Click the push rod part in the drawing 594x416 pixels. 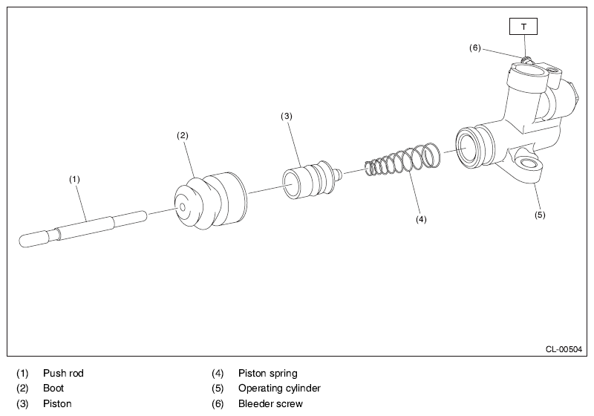pyautogui.click(x=82, y=227)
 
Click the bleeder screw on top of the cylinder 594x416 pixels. pyautogui.click(x=526, y=59)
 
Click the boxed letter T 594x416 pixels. pyautogui.click(x=523, y=27)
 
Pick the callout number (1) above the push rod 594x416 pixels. pyautogui.click(x=74, y=179)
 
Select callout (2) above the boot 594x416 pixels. pyautogui.click(x=182, y=135)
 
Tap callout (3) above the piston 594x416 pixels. pyautogui.click(x=287, y=116)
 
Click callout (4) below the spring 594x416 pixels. pyautogui.click(x=422, y=219)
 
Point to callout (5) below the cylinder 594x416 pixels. pyautogui.click(x=540, y=215)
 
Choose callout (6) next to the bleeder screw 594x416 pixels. pyautogui.click(x=475, y=48)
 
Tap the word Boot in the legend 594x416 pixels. pyautogui.click(x=53, y=388)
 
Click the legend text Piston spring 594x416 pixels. pyautogui.click(x=267, y=373)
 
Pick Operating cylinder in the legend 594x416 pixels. pyautogui.click(x=279, y=388)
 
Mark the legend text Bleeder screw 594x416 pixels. pyautogui.click(x=270, y=403)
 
